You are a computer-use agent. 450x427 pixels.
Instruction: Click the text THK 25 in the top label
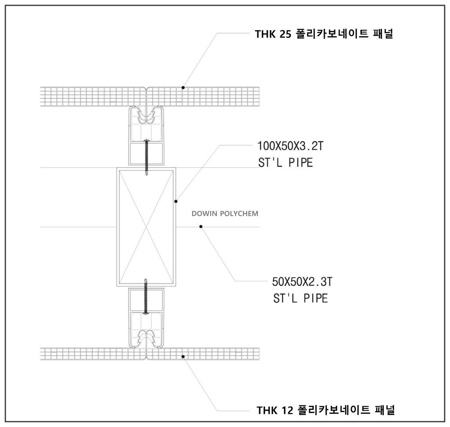273,34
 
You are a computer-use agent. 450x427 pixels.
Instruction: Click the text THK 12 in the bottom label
274,410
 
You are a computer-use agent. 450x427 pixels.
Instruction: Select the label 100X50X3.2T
290,146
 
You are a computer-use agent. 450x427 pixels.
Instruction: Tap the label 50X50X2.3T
302,282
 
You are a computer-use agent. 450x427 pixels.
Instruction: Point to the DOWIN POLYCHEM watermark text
225,214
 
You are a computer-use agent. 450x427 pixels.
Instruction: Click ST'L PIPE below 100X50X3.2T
286,163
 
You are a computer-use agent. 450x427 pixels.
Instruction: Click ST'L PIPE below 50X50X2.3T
301,298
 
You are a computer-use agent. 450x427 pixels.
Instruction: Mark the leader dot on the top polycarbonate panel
183,87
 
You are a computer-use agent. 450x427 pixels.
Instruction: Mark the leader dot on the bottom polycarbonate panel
183,357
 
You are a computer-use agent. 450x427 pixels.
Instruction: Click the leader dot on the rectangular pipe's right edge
176,201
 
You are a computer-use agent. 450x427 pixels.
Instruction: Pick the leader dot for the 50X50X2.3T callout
201,227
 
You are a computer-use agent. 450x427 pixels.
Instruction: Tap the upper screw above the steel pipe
146,157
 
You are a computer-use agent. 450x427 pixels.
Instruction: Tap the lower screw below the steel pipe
146,297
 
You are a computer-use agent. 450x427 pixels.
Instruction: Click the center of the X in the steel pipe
146,227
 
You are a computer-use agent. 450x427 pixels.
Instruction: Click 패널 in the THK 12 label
385,410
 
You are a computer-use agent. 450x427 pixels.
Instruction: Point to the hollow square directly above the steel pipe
146,154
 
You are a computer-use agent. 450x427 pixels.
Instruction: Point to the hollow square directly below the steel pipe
146,300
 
